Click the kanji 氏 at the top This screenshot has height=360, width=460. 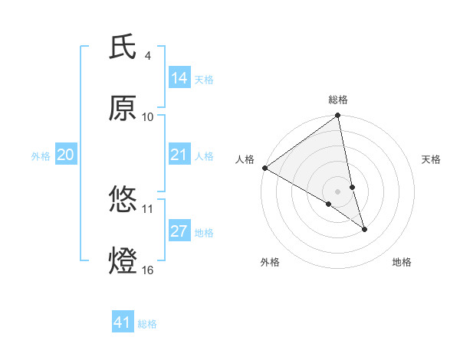point(123,47)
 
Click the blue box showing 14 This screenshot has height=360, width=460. point(179,77)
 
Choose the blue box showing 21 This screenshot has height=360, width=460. point(179,155)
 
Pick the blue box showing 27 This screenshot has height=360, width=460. point(179,231)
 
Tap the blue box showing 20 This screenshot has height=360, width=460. point(66,155)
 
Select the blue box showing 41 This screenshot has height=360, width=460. point(123,322)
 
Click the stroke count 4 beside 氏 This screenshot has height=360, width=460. point(148,56)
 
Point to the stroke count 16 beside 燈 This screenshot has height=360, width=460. point(148,270)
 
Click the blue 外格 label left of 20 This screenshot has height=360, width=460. point(41,155)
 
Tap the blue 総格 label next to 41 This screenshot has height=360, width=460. point(147,323)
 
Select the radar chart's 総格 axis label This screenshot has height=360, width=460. point(338,100)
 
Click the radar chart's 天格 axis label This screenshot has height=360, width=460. point(432,159)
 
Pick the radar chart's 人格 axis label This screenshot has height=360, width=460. point(245,159)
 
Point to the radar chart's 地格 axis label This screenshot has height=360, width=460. point(402,262)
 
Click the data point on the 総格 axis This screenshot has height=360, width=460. point(338,116)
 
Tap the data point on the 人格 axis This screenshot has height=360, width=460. point(264,168)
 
